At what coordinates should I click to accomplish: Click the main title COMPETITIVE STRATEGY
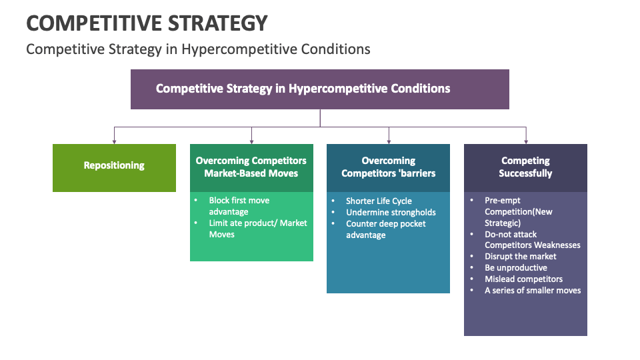(147, 23)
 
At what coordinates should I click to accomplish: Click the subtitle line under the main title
(198, 49)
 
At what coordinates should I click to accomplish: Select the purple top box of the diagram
(319, 89)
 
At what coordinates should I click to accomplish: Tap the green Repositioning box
(114, 166)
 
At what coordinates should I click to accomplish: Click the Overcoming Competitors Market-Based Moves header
(251, 167)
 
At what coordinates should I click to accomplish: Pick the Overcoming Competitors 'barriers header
(388, 167)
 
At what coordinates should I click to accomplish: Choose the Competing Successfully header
(525, 167)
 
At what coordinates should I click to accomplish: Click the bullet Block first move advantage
(239, 206)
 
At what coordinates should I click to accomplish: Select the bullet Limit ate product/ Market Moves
(257, 229)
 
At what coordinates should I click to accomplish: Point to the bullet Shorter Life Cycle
(379, 201)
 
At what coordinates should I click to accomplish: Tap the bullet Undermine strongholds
(391, 212)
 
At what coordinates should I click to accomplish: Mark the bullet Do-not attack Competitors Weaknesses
(531, 239)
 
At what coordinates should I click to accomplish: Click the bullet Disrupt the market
(520, 256)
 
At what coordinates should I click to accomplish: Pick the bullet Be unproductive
(515, 267)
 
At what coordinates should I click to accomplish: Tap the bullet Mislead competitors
(523, 279)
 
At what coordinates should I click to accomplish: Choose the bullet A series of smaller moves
(532, 290)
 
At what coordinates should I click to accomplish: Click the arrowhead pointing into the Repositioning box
(114, 141)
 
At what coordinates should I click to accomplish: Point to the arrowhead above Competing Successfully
(526, 141)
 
